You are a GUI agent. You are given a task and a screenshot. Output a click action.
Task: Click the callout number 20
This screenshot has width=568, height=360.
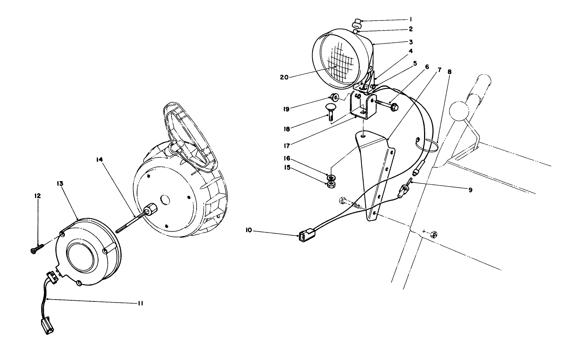(284, 77)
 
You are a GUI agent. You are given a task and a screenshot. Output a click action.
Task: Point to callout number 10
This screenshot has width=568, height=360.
(249, 231)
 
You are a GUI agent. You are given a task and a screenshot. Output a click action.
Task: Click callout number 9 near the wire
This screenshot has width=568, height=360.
(471, 190)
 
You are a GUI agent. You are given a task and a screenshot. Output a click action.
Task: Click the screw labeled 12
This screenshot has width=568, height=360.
(37, 248)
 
